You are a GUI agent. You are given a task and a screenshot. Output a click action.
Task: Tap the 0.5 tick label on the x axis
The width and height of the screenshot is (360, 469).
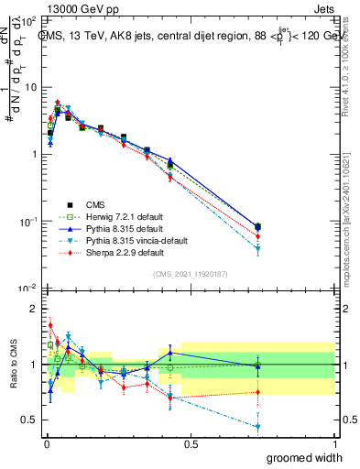pos(191,443)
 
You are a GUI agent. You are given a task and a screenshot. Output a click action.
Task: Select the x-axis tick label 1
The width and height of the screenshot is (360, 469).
pos(334,443)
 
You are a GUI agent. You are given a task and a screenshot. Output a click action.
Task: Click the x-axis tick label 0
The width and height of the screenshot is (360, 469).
pos(45,443)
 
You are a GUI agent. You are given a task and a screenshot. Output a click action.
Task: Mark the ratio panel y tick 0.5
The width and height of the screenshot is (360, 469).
pos(31,420)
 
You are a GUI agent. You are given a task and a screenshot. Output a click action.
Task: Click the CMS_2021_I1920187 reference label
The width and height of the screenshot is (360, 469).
pos(190,274)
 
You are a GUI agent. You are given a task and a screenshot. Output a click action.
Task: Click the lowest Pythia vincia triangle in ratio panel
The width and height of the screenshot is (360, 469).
pos(257,427)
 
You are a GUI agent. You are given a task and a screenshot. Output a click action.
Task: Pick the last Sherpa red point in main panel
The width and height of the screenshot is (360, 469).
pos(257,238)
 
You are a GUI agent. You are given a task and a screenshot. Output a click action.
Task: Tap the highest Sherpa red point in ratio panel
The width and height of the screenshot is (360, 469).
pos(50,325)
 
